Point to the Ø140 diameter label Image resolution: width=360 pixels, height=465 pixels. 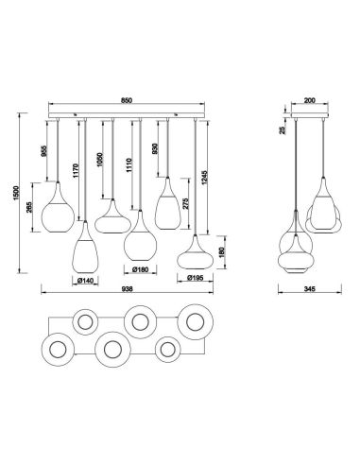point(88,280)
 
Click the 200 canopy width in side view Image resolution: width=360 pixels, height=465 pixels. point(307,100)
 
